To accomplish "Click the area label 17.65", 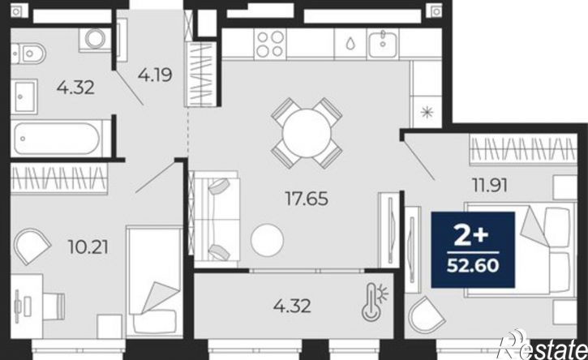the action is tap(307, 199).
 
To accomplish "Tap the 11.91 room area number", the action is tap(490, 185).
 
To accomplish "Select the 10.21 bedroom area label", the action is tap(88, 247).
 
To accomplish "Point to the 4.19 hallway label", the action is tap(155, 75).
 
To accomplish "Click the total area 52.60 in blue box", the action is tap(473, 265).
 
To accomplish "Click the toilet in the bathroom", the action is tap(28, 54).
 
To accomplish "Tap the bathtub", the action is tap(57, 139).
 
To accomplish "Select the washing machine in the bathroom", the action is tap(95, 39).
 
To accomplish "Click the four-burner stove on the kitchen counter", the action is tap(270, 44).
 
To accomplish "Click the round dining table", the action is tap(307, 133).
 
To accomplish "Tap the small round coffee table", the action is tap(267, 240).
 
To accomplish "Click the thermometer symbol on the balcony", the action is tap(375, 302).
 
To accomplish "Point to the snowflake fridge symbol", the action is tap(427, 112).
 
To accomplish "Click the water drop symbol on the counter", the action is tap(350, 44).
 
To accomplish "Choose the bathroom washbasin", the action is tap(24, 96).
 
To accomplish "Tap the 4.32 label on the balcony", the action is tap(292, 306).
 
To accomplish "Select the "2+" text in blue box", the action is tap(471, 236).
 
